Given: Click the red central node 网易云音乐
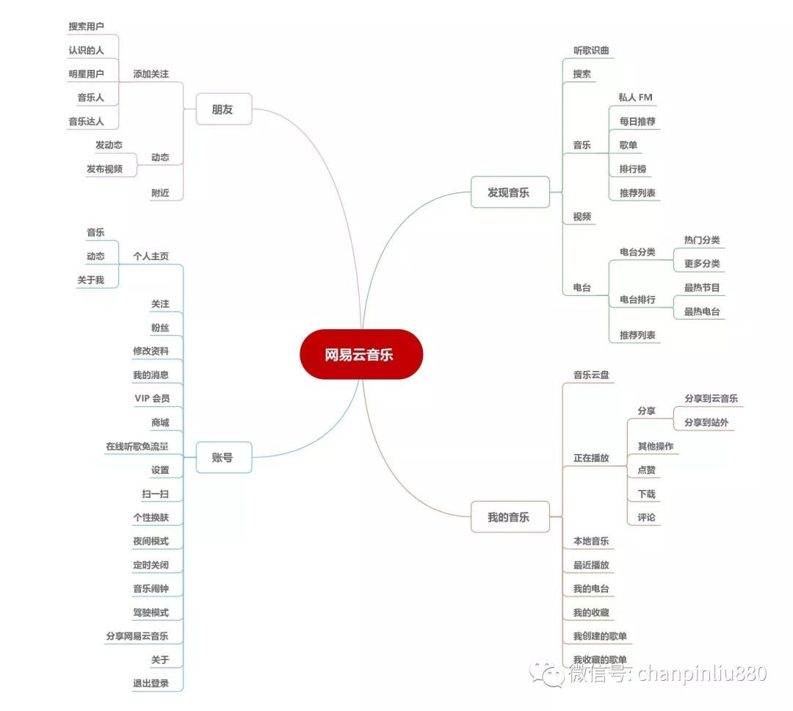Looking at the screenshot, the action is click(361, 355).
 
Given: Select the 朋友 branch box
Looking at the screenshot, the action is click(223, 109).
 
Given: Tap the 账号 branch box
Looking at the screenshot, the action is click(223, 457).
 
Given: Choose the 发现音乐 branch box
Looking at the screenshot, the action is click(509, 193).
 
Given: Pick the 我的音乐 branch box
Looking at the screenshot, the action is click(509, 517).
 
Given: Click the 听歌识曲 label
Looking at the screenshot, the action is click(591, 51).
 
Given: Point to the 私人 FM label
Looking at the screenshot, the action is click(635, 97).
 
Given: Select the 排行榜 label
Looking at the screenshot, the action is click(632, 169).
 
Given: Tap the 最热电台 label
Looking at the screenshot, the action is click(702, 311).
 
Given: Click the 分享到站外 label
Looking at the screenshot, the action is click(706, 422).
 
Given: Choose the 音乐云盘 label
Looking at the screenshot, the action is click(591, 375).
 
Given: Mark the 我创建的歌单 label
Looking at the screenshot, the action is click(600, 636).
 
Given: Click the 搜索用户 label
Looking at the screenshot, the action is click(87, 26).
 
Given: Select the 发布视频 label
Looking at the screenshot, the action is click(104, 169).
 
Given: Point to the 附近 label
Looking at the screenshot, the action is click(160, 192).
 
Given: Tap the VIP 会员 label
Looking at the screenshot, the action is click(152, 398).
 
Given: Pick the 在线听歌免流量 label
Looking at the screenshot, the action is click(137, 446).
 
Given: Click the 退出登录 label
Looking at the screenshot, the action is click(151, 683).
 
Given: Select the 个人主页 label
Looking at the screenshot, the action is click(151, 256).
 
